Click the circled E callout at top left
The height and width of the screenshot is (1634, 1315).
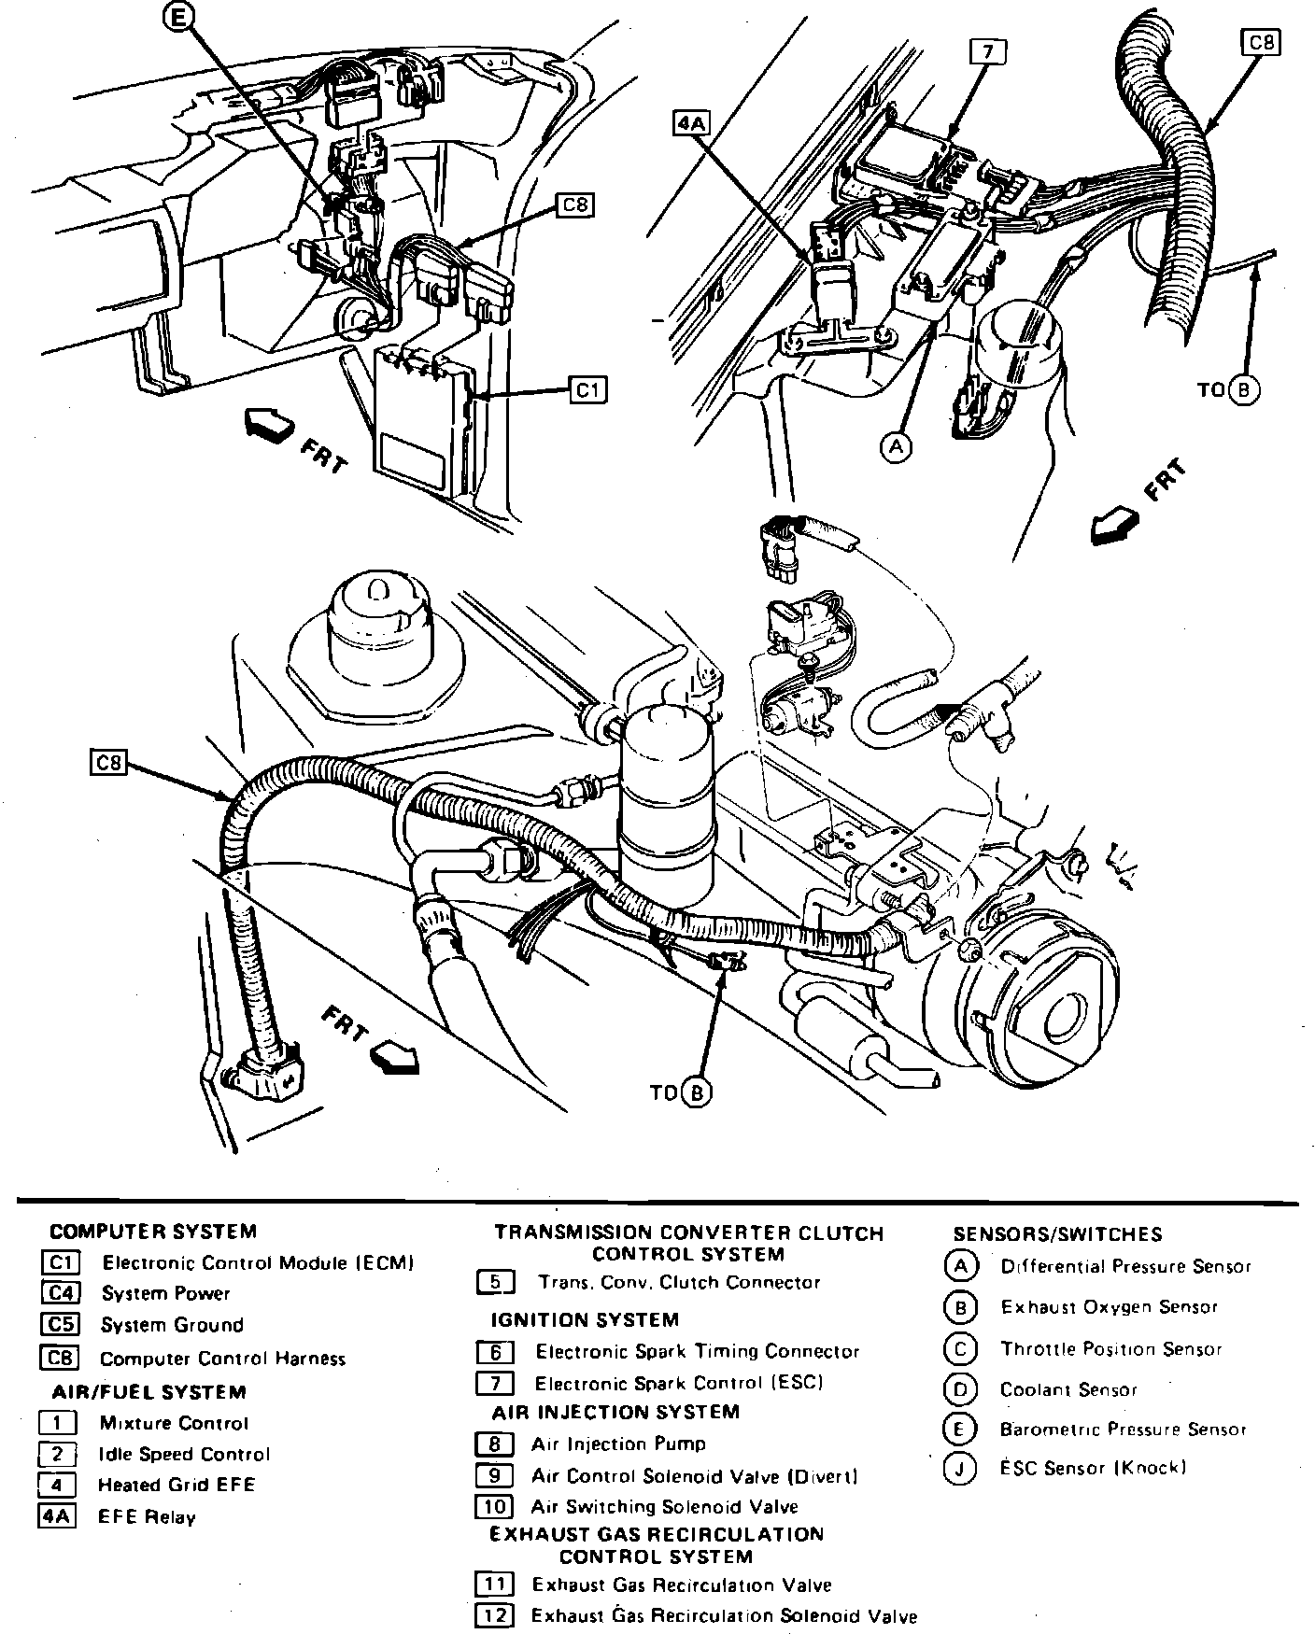(x=180, y=16)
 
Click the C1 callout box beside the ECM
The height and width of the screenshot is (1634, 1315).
(x=587, y=388)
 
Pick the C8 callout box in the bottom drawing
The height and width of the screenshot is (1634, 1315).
(x=110, y=763)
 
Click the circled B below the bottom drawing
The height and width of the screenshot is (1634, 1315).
(x=697, y=1092)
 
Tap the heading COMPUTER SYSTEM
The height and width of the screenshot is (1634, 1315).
(x=153, y=1232)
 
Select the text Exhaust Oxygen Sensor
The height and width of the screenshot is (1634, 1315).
(x=1109, y=1307)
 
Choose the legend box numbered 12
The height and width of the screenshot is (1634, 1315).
(x=494, y=1614)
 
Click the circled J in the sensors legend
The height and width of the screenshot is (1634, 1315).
(x=960, y=1469)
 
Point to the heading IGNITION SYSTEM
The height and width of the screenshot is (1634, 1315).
(x=585, y=1319)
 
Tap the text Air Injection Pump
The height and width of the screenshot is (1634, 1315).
(x=618, y=1444)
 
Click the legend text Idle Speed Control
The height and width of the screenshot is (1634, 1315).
(x=184, y=1454)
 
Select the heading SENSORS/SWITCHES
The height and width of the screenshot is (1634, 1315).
(x=1057, y=1234)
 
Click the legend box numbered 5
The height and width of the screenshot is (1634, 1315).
(x=495, y=1282)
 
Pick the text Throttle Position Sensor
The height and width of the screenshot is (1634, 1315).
(x=1111, y=1348)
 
